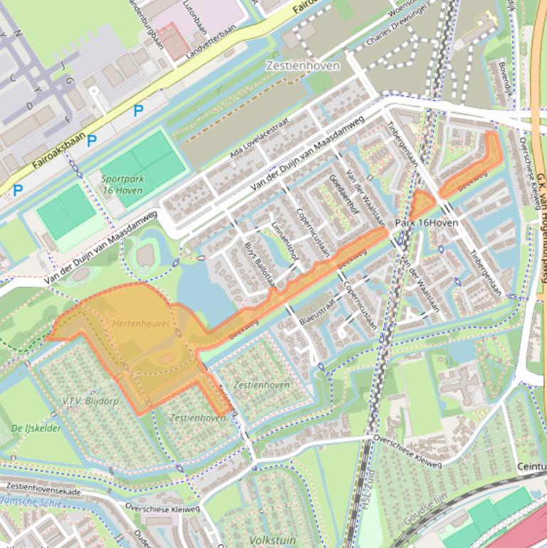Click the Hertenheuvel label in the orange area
point(141,323)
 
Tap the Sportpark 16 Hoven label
point(122,184)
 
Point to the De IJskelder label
point(36,428)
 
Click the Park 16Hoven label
point(425,223)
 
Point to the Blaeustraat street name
point(317,313)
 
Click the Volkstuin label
point(273,539)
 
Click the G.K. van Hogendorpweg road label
point(541,221)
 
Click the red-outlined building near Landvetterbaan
point(174,39)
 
